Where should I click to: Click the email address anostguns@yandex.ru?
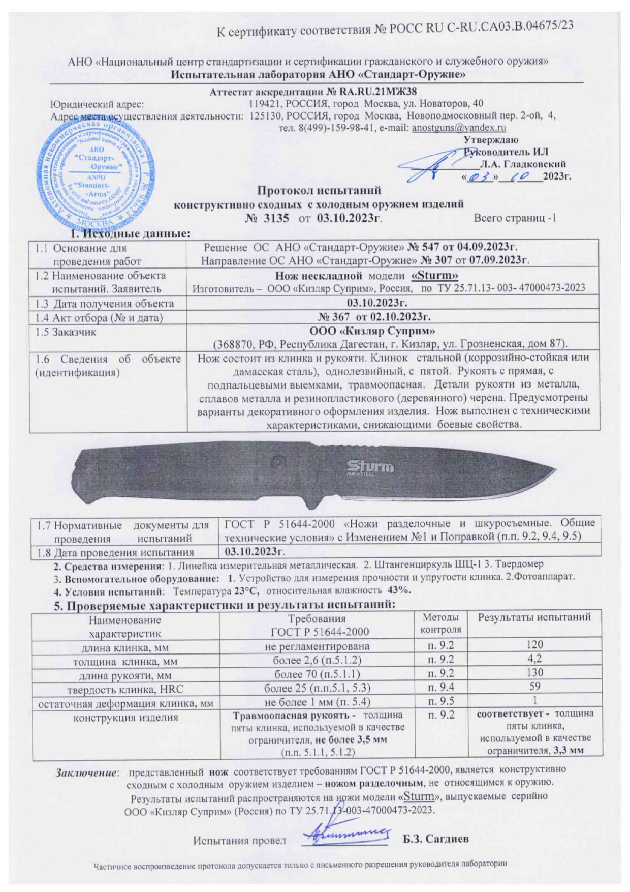458,128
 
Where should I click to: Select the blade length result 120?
534,645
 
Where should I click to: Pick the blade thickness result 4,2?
534,659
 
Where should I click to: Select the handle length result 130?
534,672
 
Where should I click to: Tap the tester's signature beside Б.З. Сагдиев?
345,836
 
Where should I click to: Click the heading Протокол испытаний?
319,191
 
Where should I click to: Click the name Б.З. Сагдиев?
435,839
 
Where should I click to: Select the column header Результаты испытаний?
534,617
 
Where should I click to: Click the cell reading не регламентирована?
317,646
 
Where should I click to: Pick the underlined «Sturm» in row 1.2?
434,276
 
